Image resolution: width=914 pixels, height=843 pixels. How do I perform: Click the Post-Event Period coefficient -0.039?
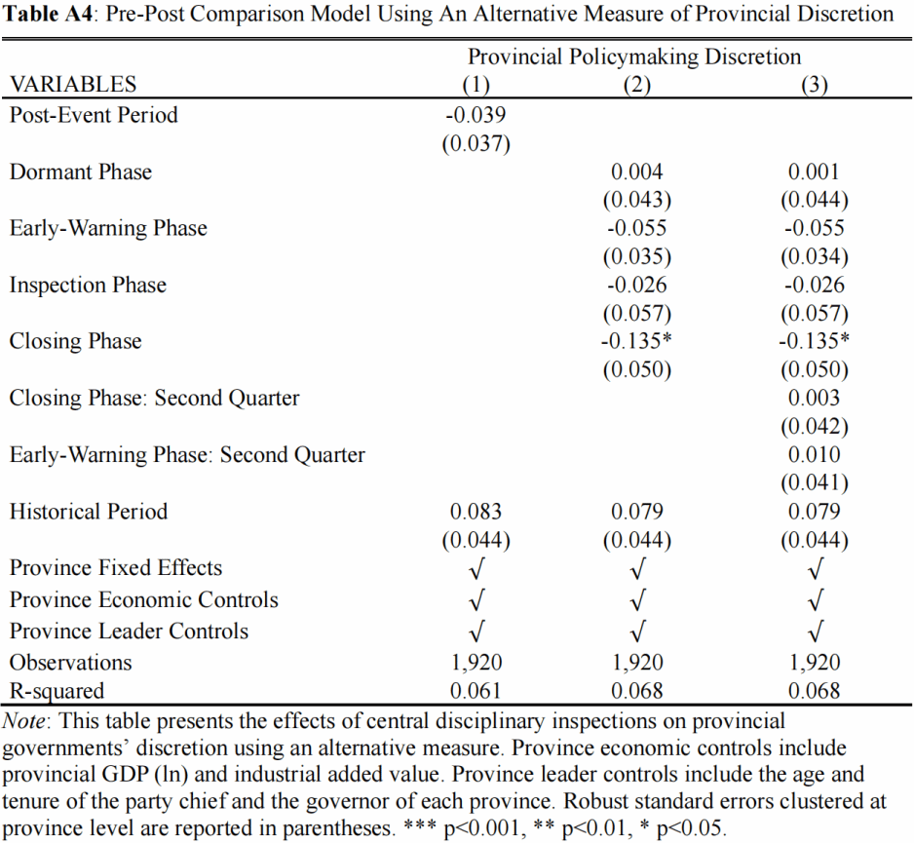tap(476, 115)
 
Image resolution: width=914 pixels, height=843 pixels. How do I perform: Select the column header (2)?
tap(636, 85)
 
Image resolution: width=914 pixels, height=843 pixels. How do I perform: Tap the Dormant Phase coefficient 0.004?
tap(636, 172)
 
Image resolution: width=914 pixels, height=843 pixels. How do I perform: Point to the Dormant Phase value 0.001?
tap(814, 172)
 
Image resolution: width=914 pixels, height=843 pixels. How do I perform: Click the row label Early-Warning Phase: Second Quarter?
tap(187, 455)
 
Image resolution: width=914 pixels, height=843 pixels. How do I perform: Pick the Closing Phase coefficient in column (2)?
tap(636, 341)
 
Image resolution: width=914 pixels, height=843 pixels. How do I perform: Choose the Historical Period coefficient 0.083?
tap(476, 512)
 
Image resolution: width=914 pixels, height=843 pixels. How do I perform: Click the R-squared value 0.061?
tap(476, 691)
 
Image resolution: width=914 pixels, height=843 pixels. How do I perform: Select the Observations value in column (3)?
tap(815, 663)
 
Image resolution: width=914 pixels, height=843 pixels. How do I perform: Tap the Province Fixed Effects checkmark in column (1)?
tap(476, 568)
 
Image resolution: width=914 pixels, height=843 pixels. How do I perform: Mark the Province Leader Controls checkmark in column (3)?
tap(816, 632)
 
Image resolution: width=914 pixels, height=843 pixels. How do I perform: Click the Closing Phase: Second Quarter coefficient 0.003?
tap(814, 398)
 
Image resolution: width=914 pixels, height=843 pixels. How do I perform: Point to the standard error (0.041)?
tap(815, 482)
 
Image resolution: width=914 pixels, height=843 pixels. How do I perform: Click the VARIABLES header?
tap(73, 85)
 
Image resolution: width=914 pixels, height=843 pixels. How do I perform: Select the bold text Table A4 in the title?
tap(48, 14)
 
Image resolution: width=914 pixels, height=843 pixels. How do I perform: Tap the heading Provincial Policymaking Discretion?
tap(634, 57)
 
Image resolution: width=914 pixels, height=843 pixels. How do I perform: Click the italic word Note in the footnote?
tap(23, 721)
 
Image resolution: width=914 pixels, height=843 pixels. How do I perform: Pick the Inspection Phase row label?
tap(88, 286)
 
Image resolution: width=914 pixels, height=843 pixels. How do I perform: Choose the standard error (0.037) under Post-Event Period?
tap(476, 143)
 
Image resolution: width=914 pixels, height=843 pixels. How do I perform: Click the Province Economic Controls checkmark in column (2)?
tap(638, 600)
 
